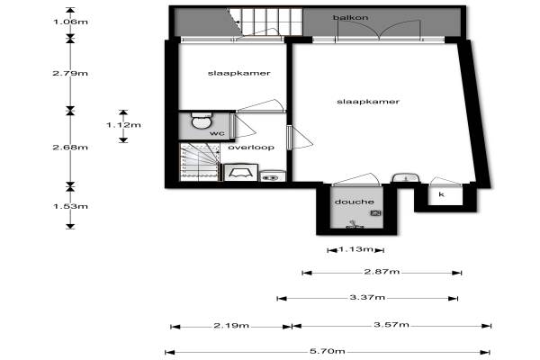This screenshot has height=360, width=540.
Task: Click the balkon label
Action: pos(350,17)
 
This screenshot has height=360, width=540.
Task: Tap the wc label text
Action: pos(217,133)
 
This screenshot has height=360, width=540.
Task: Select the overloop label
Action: pos(251,147)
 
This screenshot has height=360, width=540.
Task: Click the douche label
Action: pos(355,202)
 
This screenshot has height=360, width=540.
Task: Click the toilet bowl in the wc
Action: pos(201,121)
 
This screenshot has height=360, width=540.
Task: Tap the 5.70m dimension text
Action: pos(328,351)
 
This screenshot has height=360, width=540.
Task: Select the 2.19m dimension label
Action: pos(231,325)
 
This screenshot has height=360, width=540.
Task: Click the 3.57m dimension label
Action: pos(391,325)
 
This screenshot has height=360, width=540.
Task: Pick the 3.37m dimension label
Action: pos(367,297)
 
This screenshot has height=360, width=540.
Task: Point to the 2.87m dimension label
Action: pos(382,272)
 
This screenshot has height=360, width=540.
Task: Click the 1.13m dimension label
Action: pos(355,249)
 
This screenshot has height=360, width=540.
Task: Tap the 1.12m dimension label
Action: pos(123,125)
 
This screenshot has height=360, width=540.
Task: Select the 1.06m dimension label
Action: pos(70,22)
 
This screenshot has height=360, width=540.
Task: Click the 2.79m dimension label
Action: pos(70,73)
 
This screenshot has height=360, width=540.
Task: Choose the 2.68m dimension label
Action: pos(70,147)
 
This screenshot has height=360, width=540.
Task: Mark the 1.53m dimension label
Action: pos(70,206)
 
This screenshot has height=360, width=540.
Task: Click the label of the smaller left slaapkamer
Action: pos(239,73)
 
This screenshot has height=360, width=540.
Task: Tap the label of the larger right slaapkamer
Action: pos(368,102)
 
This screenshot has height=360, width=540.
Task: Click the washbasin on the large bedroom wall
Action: pos(406,178)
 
